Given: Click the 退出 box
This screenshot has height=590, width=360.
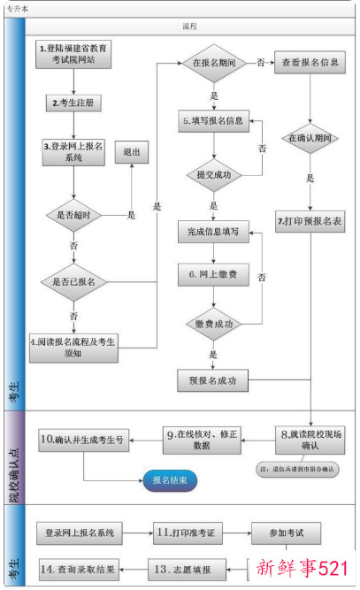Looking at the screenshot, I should coord(132,152).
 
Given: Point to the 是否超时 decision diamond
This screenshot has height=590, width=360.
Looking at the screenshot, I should coord(74,214).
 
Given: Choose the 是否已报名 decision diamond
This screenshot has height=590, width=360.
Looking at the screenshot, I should coord(74,281).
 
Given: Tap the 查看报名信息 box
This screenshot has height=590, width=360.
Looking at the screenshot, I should coord(310,65).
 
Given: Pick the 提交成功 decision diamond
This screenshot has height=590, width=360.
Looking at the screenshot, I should coord(213,174).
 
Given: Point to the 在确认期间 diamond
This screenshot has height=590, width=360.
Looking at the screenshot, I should coord(310,138).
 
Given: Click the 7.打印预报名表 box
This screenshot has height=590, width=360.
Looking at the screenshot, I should coord(310,218).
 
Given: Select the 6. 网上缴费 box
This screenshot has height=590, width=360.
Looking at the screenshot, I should coord(213,274).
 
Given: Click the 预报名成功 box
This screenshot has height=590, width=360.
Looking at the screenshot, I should coord(213,381).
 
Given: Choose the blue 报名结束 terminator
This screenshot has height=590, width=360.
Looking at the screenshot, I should coord(170,480).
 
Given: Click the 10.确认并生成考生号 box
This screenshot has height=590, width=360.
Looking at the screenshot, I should coord(84,439).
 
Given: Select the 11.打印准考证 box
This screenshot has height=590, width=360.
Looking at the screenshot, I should coord(188,533).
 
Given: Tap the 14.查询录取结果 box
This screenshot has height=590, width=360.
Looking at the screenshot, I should coord(80,568).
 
